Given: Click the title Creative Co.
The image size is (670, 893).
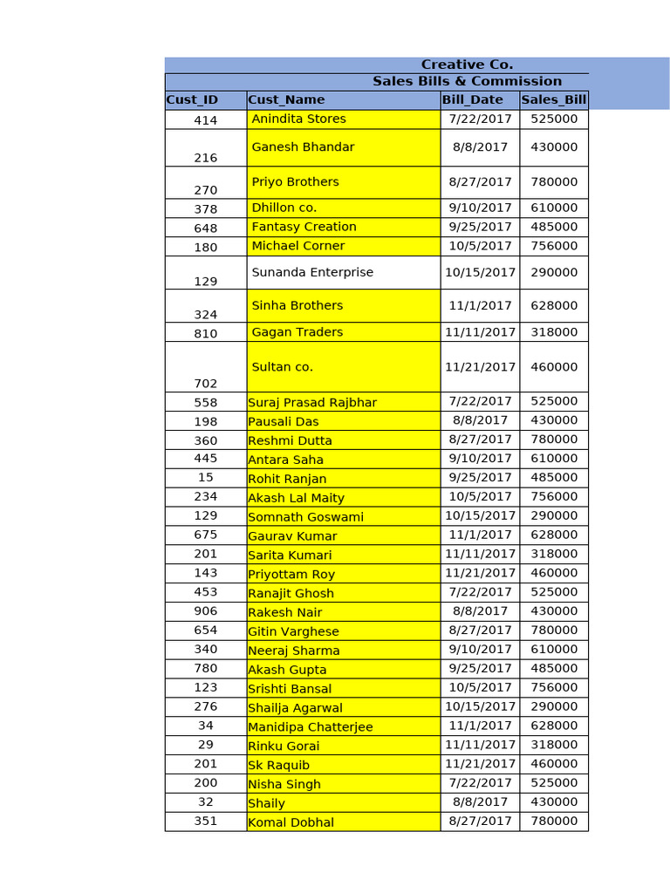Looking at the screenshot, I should [467, 65].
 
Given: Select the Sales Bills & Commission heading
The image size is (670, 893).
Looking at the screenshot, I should [467, 81].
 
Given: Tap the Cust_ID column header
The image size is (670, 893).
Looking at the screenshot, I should [192, 100].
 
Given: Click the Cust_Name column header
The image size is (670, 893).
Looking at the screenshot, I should [286, 100].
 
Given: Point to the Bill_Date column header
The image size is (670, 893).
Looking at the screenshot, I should [472, 100].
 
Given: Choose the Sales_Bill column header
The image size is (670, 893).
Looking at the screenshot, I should [554, 100].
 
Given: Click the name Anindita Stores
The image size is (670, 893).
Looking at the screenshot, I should [298, 119].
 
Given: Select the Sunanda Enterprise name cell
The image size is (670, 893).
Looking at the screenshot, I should [312, 272].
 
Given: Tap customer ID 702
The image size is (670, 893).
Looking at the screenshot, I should [206, 383].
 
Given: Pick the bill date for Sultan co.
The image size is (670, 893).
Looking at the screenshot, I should [480, 367].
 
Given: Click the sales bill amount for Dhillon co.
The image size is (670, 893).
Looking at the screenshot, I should [554, 208].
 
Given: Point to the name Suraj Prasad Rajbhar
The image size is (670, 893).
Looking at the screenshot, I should [312, 402].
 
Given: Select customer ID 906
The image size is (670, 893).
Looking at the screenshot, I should [206, 611].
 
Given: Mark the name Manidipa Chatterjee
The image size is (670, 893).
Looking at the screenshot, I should [310, 726].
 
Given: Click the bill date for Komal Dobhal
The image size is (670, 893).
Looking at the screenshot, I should [480, 821].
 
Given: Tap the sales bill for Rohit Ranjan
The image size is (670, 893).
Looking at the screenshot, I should [554, 477].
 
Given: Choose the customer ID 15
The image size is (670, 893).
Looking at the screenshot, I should [206, 477].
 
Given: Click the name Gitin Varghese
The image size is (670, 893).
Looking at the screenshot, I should [293, 631].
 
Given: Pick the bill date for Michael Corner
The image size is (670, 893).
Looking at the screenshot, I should [480, 246].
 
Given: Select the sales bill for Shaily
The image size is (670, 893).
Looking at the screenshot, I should [554, 801].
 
